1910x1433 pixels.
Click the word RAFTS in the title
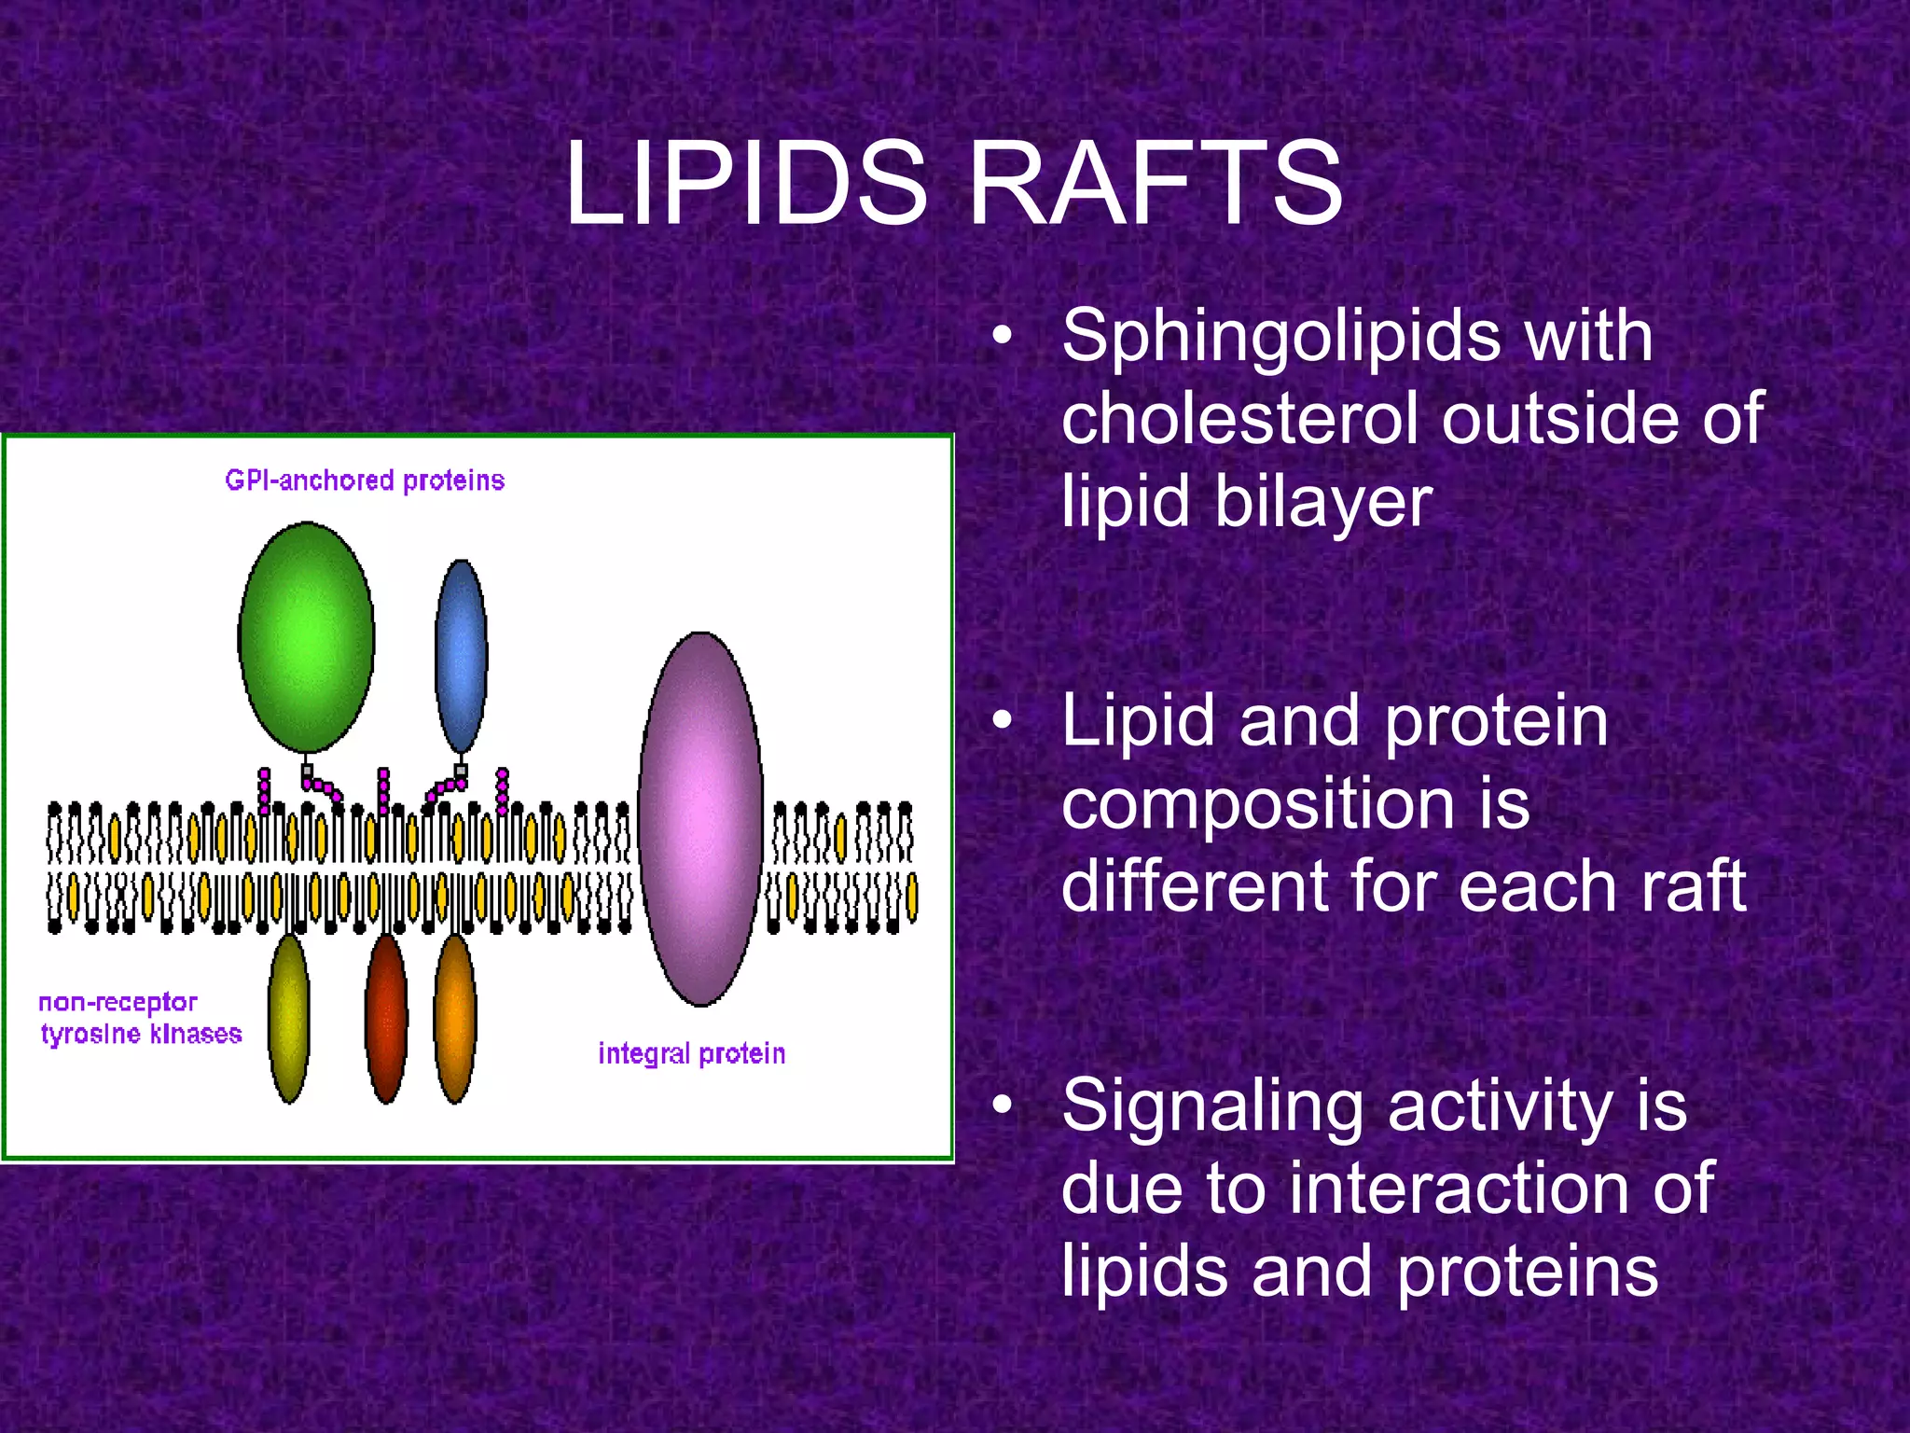(1156, 183)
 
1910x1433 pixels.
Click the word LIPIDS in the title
(746, 183)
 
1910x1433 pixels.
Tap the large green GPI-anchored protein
(307, 637)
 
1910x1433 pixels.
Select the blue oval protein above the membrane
(461, 655)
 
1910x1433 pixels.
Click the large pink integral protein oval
(701, 819)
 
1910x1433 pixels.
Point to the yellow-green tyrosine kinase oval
(289, 1019)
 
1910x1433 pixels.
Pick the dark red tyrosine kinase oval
(386, 1019)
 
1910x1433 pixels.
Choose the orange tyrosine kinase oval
(455, 1019)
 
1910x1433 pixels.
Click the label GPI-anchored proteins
(365, 480)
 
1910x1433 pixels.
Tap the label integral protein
(691, 1053)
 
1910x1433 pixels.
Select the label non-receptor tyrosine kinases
(140, 1018)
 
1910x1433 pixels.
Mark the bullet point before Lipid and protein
(1002, 720)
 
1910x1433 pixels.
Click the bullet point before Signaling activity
(1002, 1106)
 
